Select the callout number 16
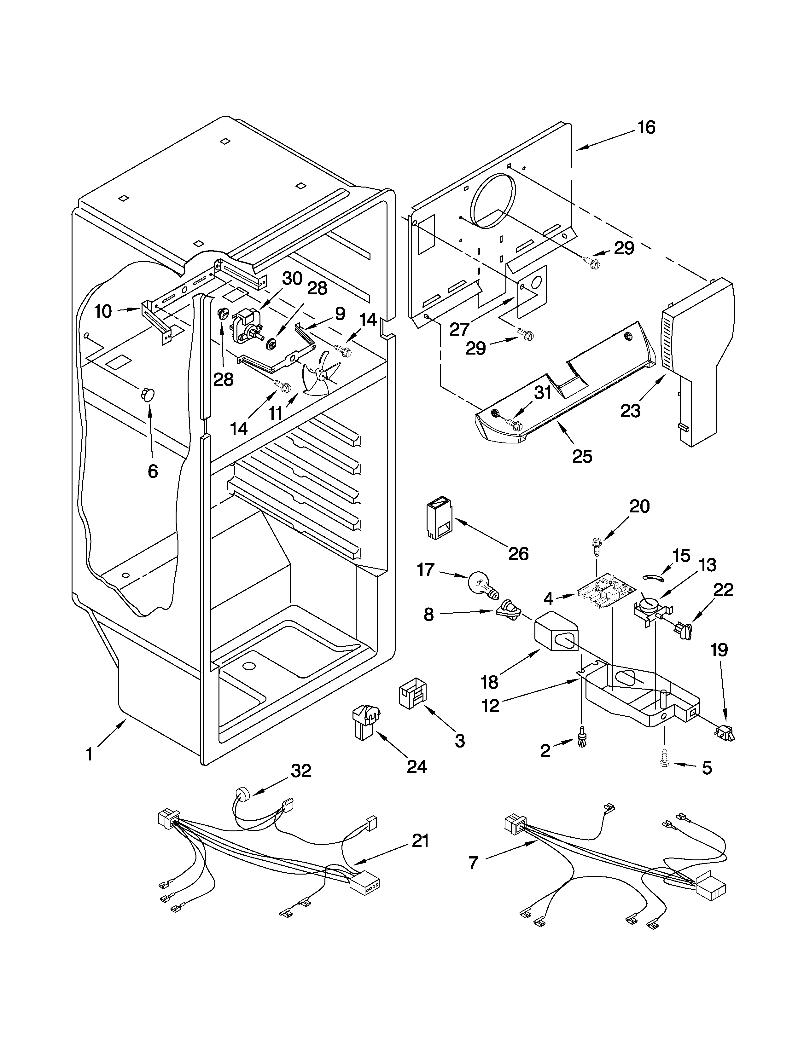(646, 128)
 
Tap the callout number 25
(582, 456)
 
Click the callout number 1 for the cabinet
(89, 755)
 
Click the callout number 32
(301, 771)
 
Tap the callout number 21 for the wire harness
(420, 841)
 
